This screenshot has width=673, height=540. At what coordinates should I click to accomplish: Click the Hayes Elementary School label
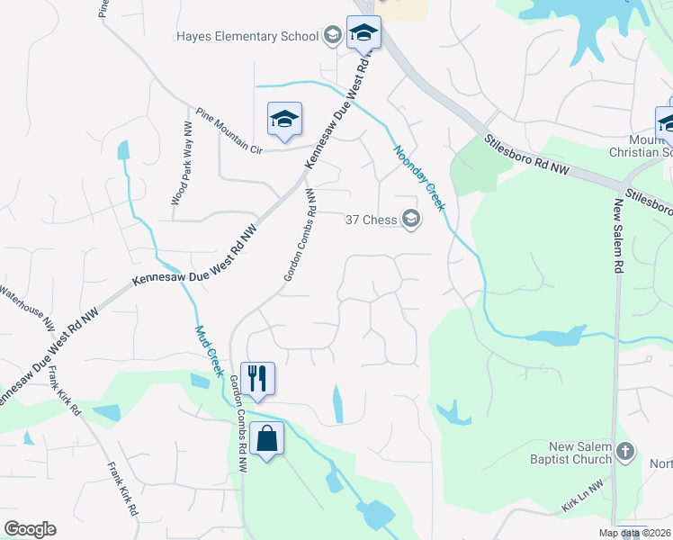[x=247, y=37]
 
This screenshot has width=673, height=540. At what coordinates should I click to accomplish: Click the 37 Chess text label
[x=372, y=220]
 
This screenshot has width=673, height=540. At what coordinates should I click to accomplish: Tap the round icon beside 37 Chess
[x=411, y=220]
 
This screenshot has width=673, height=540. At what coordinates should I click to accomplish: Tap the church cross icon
[x=626, y=452]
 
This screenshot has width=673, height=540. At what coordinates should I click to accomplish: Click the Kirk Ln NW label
[x=583, y=500]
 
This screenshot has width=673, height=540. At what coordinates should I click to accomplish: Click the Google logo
[x=30, y=529]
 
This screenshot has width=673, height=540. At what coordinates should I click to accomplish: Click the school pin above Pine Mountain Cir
[x=284, y=120]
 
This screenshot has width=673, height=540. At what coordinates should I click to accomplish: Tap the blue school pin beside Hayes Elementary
[x=363, y=34]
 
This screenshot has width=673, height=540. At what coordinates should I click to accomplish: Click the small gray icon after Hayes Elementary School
[x=332, y=37]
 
